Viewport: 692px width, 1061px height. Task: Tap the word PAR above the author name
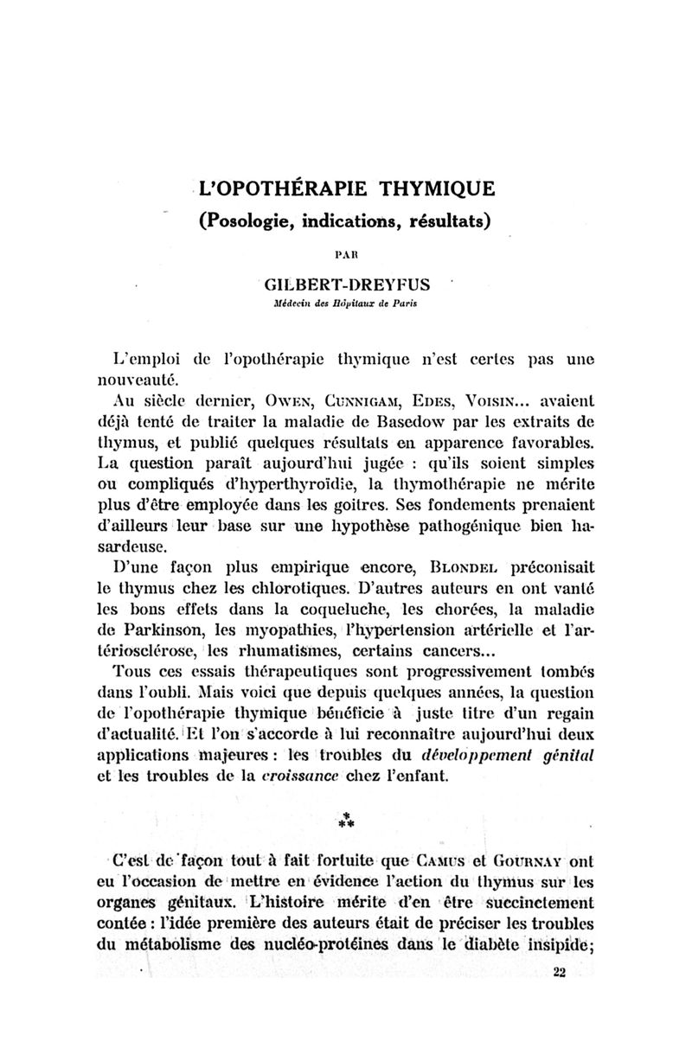pyautogui.click(x=345, y=255)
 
